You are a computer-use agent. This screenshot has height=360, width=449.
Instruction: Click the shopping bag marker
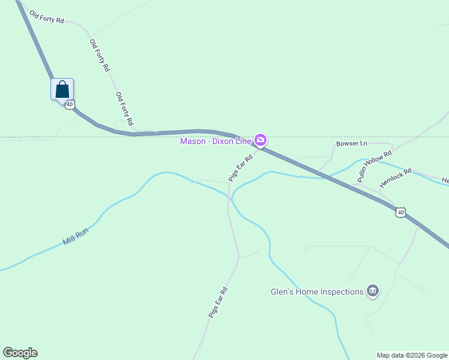pos(62,89)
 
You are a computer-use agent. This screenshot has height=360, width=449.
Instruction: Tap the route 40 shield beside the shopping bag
pos(70,105)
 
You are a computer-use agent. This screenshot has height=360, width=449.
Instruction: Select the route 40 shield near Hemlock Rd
pos(400,212)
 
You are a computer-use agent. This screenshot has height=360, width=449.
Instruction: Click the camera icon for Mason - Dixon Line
pos(261,140)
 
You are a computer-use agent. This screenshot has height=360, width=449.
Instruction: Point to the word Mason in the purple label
pos(193,141)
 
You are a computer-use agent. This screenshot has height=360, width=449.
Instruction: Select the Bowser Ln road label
pos(351,144)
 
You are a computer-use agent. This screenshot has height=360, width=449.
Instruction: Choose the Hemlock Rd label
pos(396,178)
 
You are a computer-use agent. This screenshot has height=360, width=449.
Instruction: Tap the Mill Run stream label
pos(76,238)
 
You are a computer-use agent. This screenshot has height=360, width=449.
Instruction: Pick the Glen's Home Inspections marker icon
pos(373,292)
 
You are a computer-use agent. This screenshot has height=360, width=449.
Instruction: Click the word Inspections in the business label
pos(342,292)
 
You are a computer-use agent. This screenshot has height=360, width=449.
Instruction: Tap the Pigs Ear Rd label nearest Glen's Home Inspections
pos(217,302)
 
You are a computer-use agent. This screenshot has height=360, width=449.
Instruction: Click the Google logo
pos(20,353)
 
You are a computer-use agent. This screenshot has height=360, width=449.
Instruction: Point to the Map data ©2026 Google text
pos(412,355)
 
